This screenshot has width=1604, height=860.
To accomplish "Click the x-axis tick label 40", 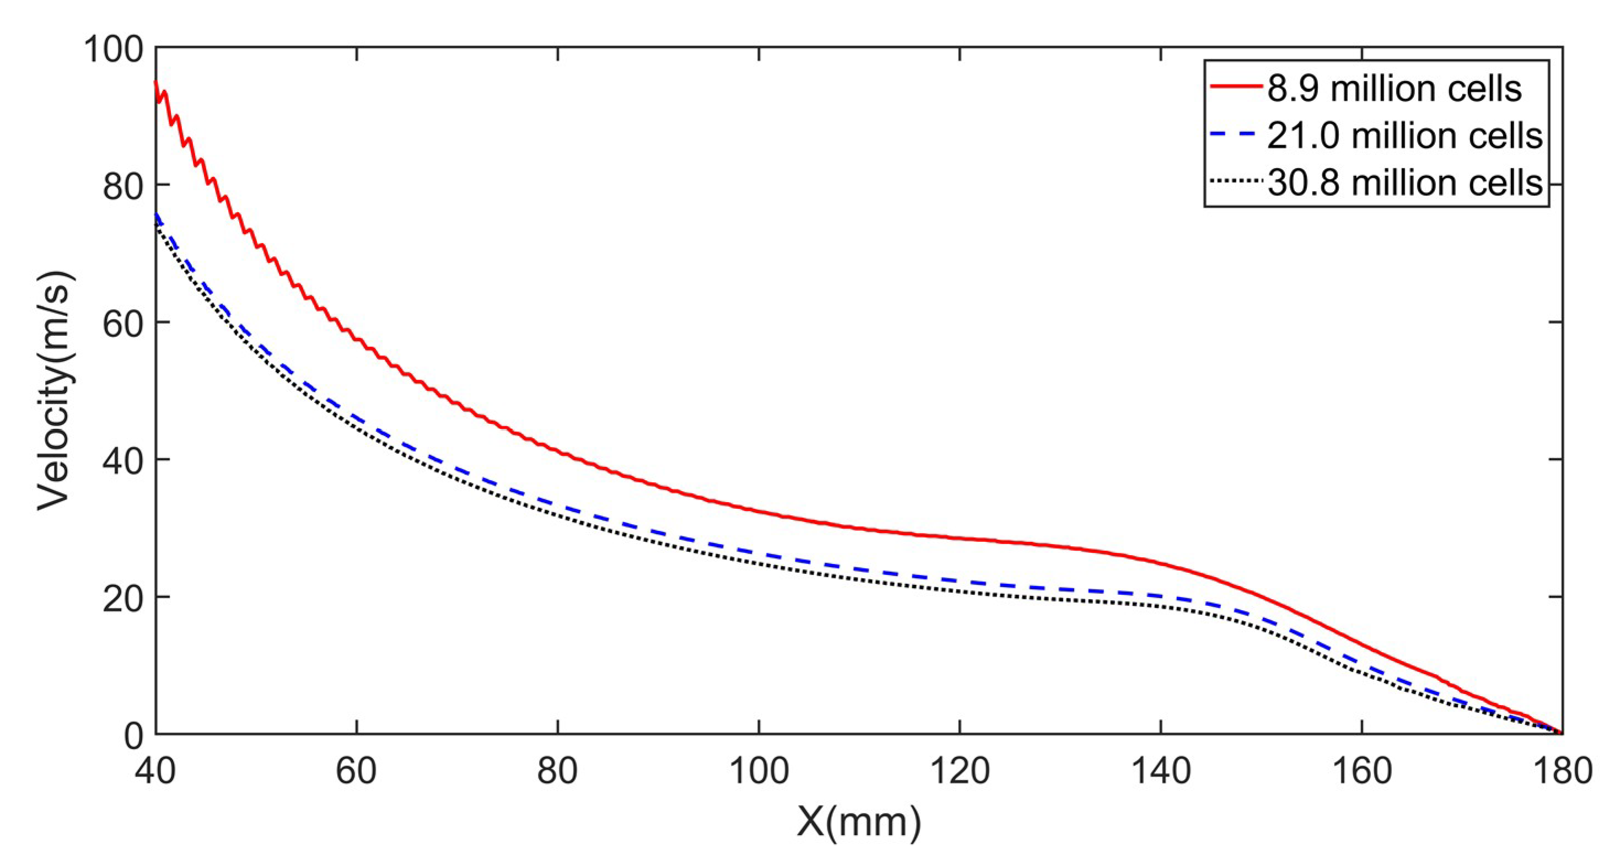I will click(155, 771).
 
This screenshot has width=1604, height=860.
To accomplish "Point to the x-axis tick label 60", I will click(356, 771).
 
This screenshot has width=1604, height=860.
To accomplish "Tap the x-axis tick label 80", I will click(557, 771).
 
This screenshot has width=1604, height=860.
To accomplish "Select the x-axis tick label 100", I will click(758, 771).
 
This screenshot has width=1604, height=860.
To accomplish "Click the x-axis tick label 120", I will click(960, 771).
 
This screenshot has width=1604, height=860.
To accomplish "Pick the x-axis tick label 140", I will click(1161, 771).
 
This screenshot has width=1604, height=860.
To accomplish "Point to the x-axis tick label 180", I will click(1562, 771).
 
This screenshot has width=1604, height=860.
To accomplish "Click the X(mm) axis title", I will click(859, 823).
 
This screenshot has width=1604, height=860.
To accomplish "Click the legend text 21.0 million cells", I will click(1405, 136).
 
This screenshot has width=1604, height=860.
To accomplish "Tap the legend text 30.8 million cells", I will click(1405, 182).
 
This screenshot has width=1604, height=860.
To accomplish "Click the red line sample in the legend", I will click(1235, 87).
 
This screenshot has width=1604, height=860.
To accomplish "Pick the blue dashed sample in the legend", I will click(1235, 135).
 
